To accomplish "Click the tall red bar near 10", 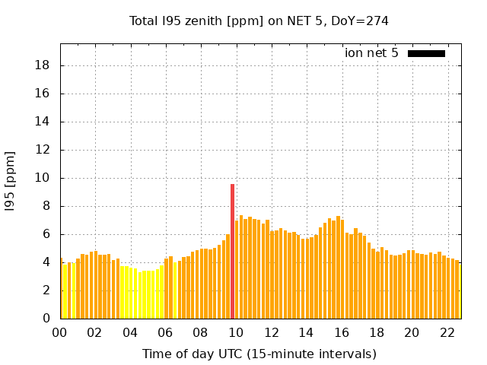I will click(232, 251).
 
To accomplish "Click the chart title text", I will click(259, 21).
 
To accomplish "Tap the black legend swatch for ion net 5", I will click(426, 53).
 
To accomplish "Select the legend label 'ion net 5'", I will click(371, 53).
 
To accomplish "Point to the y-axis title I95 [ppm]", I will click(11, 181).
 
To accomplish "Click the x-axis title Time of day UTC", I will click(259, 354).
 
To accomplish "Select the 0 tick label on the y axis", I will click(47, 319).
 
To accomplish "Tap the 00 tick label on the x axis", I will click(59, 333).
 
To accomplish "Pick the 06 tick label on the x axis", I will click(165, 333).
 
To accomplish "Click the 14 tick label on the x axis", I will click(306, 333).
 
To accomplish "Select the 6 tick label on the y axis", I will click(47, 234).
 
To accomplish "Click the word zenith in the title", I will click(197, 21).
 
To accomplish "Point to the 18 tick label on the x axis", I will click(377, 333).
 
